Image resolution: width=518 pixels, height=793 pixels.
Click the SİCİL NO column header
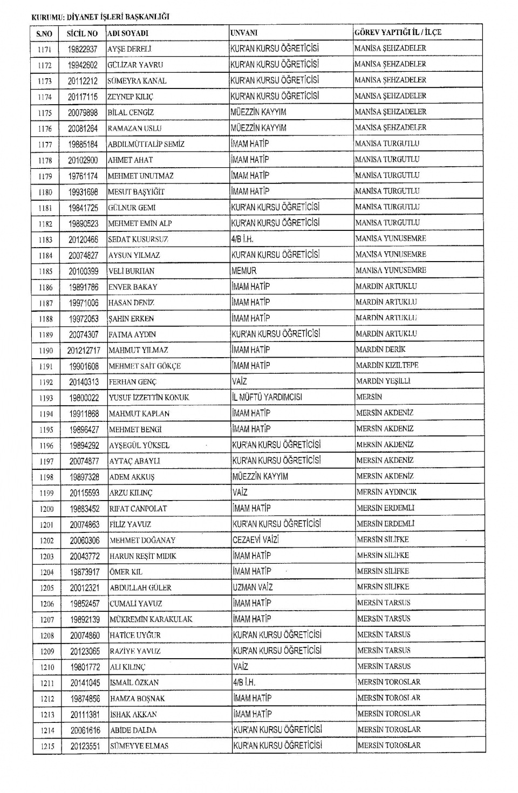[82, 33]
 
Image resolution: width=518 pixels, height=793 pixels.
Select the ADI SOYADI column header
[128, 33]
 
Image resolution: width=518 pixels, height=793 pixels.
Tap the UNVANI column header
[244, 33]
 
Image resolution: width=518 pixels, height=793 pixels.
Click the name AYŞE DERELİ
[130, 49]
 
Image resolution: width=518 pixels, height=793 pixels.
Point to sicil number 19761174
[83, 176]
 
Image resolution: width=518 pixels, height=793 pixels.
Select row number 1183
[45, 240]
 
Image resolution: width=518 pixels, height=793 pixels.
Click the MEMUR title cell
[244, 271]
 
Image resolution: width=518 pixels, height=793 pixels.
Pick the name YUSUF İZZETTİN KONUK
[149, 398]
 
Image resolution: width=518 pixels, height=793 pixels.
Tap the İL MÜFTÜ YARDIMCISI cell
[267, 397]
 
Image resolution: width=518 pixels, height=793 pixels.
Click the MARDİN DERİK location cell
[380, 350]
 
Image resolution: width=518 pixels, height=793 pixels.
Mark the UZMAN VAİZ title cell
[253, 587]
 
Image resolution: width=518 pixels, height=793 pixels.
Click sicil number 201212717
[84, 351]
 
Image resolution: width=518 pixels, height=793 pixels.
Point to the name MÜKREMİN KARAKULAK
[151, 619]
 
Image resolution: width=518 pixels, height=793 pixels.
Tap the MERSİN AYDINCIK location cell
[386, 492]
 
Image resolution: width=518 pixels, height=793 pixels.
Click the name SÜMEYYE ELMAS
[139, 746]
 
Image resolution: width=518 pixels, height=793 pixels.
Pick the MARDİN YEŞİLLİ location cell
[383, 381]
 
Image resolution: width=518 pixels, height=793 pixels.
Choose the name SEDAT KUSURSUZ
[138, 240]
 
